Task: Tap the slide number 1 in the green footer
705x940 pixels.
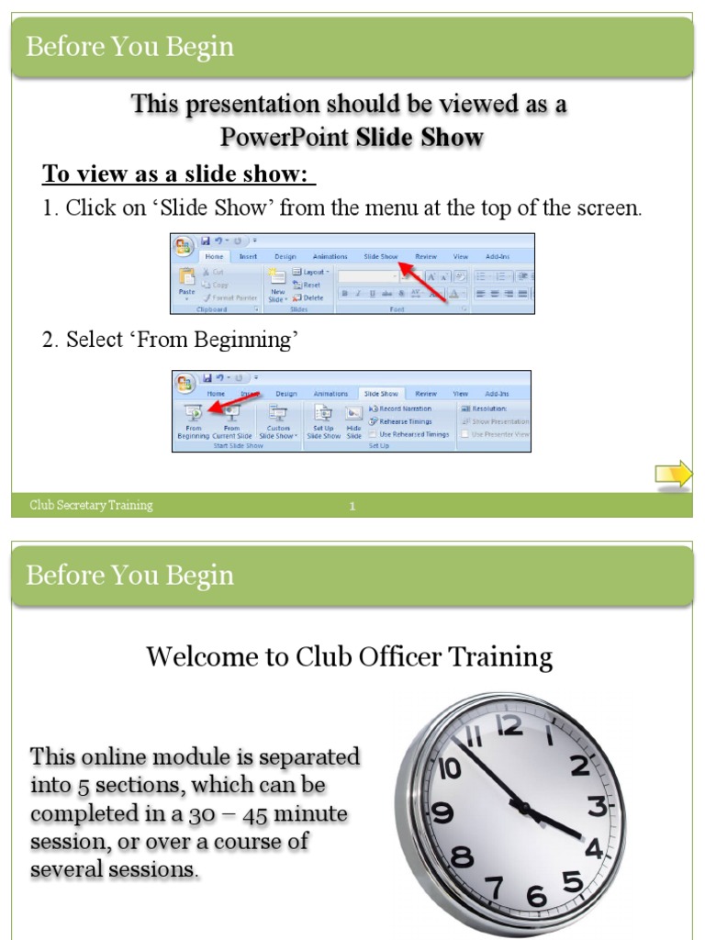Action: [x=352, y=506]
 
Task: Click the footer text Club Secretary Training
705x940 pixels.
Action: [x=91, y=505]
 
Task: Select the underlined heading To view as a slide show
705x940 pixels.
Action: [x=179, y=174]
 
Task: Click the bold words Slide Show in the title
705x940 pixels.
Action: [x=420, y=138]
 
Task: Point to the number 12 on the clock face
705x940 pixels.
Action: [x=509, y=726]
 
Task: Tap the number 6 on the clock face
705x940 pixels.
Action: [x=537, y=896]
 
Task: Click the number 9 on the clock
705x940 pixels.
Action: [x=442, y=812]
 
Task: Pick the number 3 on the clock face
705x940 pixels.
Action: [x=598, y=807]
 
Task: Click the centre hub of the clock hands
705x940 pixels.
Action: [x=524, y=809]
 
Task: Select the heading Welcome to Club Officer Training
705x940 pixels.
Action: [x=349, y=657]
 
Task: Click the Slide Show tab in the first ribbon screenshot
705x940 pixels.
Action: [x=380, y=257]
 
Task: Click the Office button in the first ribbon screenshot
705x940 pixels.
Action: [x=184, y=246]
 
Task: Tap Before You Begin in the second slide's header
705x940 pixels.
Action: [x=130, y=576]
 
